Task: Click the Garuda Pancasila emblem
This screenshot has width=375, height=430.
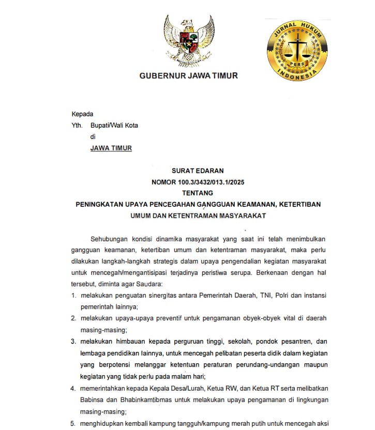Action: (x=189, y=39)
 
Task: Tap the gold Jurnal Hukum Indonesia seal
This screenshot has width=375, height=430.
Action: (x=297, y=50)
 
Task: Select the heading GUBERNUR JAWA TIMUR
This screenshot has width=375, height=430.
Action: (x=189, y=75)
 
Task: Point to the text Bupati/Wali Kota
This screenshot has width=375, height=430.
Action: (x=114, y=125)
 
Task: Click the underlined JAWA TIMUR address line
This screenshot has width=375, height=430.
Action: (x=111, y=148)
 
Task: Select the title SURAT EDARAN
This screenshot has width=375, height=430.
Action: (x=198, y=170)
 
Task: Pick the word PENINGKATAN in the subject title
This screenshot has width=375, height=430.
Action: (x=100, y=205)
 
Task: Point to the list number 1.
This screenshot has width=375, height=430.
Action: (x=74, y=295)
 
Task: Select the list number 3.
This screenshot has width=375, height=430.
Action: (x=74, y=342)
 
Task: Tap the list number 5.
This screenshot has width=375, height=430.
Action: (x=74, y=423)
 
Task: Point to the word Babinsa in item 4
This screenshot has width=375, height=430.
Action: (x=94, y=400)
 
